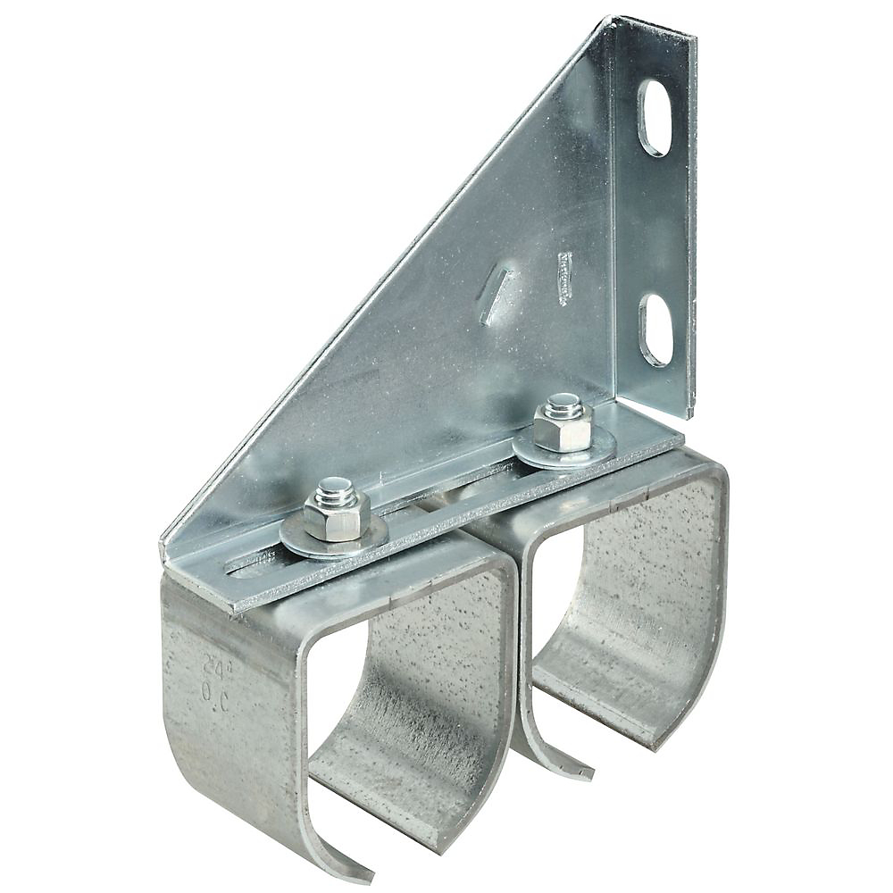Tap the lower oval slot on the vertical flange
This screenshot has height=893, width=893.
pos(656,330)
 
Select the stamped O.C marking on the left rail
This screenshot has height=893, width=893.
pos(215,694)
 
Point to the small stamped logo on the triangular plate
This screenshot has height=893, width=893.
pos(564,278)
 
